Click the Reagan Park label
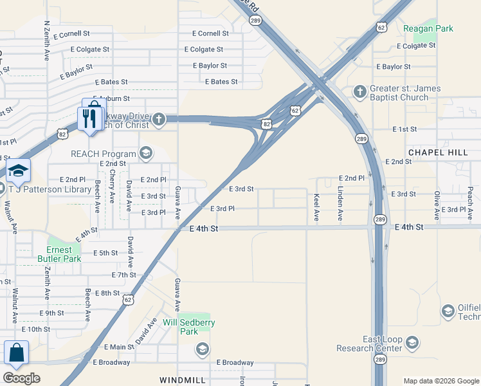tap(428, 28)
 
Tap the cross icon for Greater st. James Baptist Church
tap(359, 91)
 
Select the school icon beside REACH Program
tap(146, 153)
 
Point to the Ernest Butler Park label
tap(64, 254)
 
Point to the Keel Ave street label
tap(316, 208)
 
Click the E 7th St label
tap(123, 275)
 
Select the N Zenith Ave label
tap(46, 40)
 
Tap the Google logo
tap(21, 378)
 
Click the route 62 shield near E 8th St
tap(129, 300)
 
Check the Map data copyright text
tap(440, 381)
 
